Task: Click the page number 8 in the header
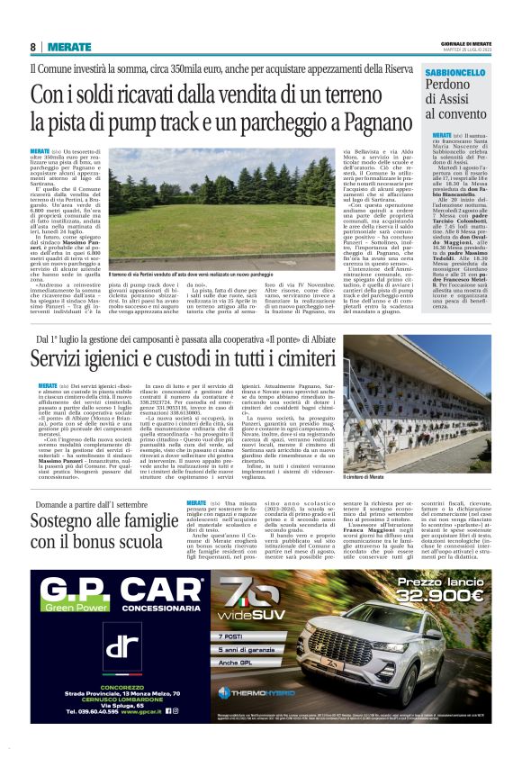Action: pos(33,47)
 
